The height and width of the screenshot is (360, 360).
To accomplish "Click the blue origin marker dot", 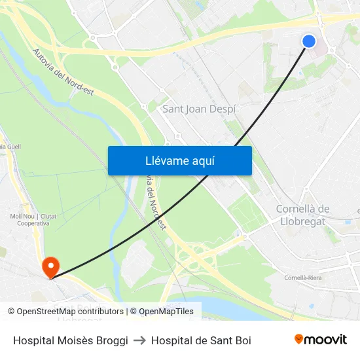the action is (309, 41).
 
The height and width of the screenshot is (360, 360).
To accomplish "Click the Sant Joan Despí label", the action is (198, 109).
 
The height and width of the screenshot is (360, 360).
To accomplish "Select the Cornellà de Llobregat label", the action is (302, 215).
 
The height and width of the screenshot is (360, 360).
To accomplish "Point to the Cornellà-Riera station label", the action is (302, 278).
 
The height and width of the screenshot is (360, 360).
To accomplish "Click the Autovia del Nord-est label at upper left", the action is (63, 72).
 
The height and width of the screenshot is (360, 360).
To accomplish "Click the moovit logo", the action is (320, 340).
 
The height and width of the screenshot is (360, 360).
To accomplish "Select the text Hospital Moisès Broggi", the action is (71, 340).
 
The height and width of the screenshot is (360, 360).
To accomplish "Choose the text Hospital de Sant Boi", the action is (201, 340).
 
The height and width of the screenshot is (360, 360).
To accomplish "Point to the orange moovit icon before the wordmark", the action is (299, 339).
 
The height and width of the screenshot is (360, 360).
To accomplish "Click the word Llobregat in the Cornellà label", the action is (302, 221).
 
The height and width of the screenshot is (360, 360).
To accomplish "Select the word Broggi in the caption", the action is (111, 340).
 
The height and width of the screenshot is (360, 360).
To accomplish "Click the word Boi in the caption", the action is (243, 340).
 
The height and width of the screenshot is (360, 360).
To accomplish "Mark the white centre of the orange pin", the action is (50, 265).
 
